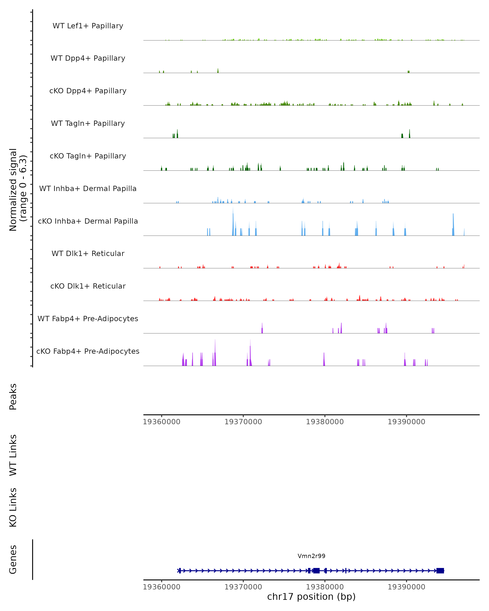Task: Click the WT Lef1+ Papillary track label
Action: (88, 26)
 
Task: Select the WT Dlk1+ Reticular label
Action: (88, 253)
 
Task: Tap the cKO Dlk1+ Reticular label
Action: (88, 286)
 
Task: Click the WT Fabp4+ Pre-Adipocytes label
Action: (88, 319)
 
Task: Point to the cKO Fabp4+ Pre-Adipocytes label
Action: (88, 351)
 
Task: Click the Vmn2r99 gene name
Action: (311, 556)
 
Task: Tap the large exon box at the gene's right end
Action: (440, 570)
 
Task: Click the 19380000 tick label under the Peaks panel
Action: (325, 422)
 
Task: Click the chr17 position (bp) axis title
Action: (311, 597)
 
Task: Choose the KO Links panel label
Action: (13, 507)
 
